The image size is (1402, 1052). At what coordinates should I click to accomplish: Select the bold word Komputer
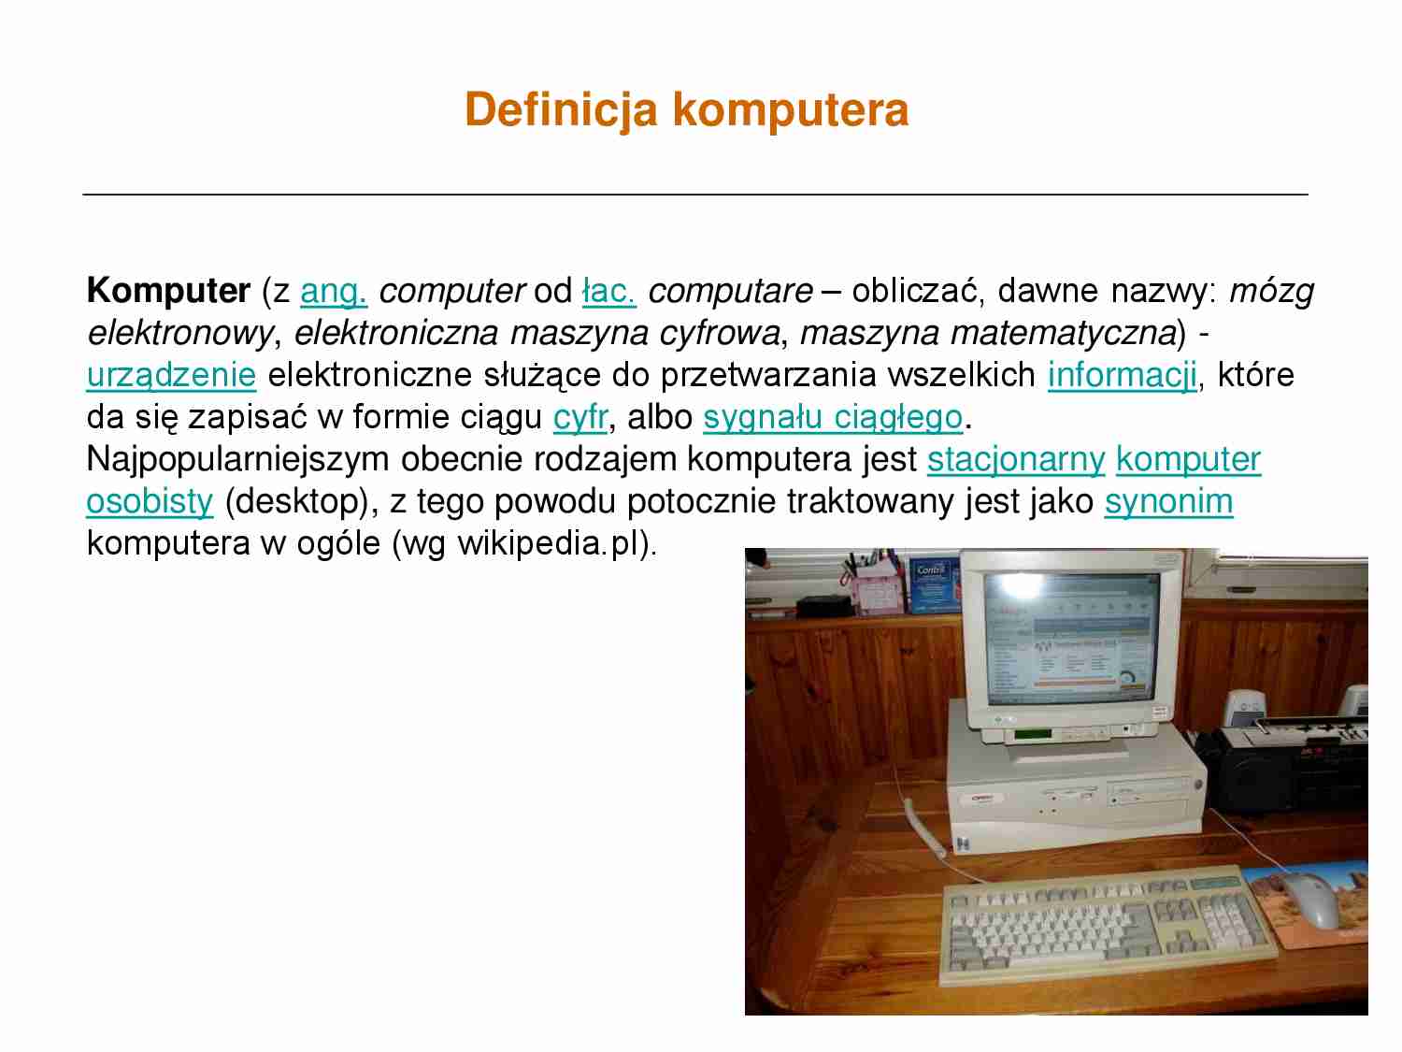[x=168, y=291]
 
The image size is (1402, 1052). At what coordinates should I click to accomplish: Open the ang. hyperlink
[x=334, y=291]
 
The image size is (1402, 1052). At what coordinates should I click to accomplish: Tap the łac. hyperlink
[x=608, y=291]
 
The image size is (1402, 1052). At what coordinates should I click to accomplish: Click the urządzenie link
[x=171, y=375]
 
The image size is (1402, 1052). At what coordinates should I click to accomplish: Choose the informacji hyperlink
[x=1122, y=375]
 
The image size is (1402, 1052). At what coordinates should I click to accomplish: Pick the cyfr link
[x=579, y=417]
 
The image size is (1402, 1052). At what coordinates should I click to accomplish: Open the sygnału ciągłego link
[x=832, y=417]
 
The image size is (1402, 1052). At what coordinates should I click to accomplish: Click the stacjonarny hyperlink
[x=1016, y=459]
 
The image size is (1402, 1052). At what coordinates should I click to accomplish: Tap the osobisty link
[x=150, y=501]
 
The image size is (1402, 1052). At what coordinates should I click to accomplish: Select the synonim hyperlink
[x=1168, y=501]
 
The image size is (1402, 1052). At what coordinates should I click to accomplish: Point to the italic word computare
[x=730, y=291]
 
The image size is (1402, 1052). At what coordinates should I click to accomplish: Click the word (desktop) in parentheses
[x=301, y=501]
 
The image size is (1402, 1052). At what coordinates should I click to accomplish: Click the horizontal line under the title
[x=694, y=195]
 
